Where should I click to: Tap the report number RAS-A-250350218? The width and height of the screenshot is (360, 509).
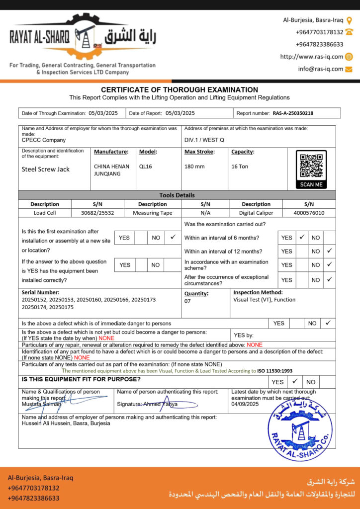click(293, 113)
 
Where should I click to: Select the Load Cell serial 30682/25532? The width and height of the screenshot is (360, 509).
click(97, 213)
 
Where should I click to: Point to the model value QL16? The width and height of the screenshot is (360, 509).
click(145, 167)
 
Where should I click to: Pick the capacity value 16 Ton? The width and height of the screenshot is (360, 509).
click(240, 167)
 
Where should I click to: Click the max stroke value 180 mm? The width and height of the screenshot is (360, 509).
click(194, 167)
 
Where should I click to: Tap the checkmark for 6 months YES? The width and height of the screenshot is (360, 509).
click(301, 237)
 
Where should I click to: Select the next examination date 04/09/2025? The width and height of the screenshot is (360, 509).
click(245, 404)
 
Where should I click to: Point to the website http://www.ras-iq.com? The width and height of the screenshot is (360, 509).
click(311, 57)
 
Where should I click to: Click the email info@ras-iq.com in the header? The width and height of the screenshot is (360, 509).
click(321, 69)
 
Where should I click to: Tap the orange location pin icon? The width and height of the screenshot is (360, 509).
click(349, 20)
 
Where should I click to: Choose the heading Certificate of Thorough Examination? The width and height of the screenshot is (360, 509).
click(180, 89)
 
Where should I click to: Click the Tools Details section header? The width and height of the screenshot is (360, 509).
click(177, 195)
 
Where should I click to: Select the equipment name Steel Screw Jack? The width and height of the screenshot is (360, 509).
click(46, 169)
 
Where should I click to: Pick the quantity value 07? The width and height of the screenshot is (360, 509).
click(187, 301)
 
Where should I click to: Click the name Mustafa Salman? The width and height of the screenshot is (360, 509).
click(38, 404)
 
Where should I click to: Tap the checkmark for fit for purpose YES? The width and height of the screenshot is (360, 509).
click(295, 381)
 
